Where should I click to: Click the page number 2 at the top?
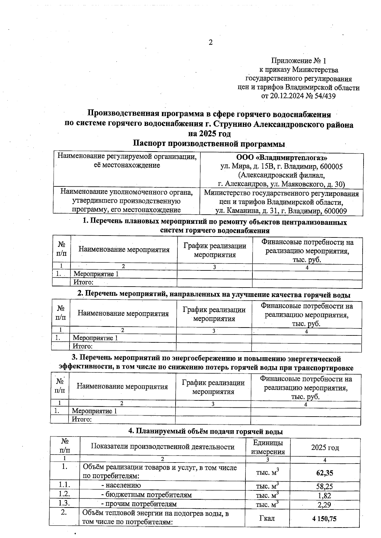tap(210, 42)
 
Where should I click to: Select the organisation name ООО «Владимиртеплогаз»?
tap(282, 158)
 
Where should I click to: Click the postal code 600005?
tap(331, 166)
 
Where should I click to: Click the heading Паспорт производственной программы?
tap(209, 143)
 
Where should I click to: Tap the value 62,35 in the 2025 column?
tap(324, 473)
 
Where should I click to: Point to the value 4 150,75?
tap(324, 519)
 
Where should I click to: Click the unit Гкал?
tap(267, 518)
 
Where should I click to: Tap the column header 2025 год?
tap(325, 447)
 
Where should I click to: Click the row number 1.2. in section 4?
tap(64, 494)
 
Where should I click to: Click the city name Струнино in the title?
tap(234, 125)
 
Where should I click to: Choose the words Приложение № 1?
tap(298, 61)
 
